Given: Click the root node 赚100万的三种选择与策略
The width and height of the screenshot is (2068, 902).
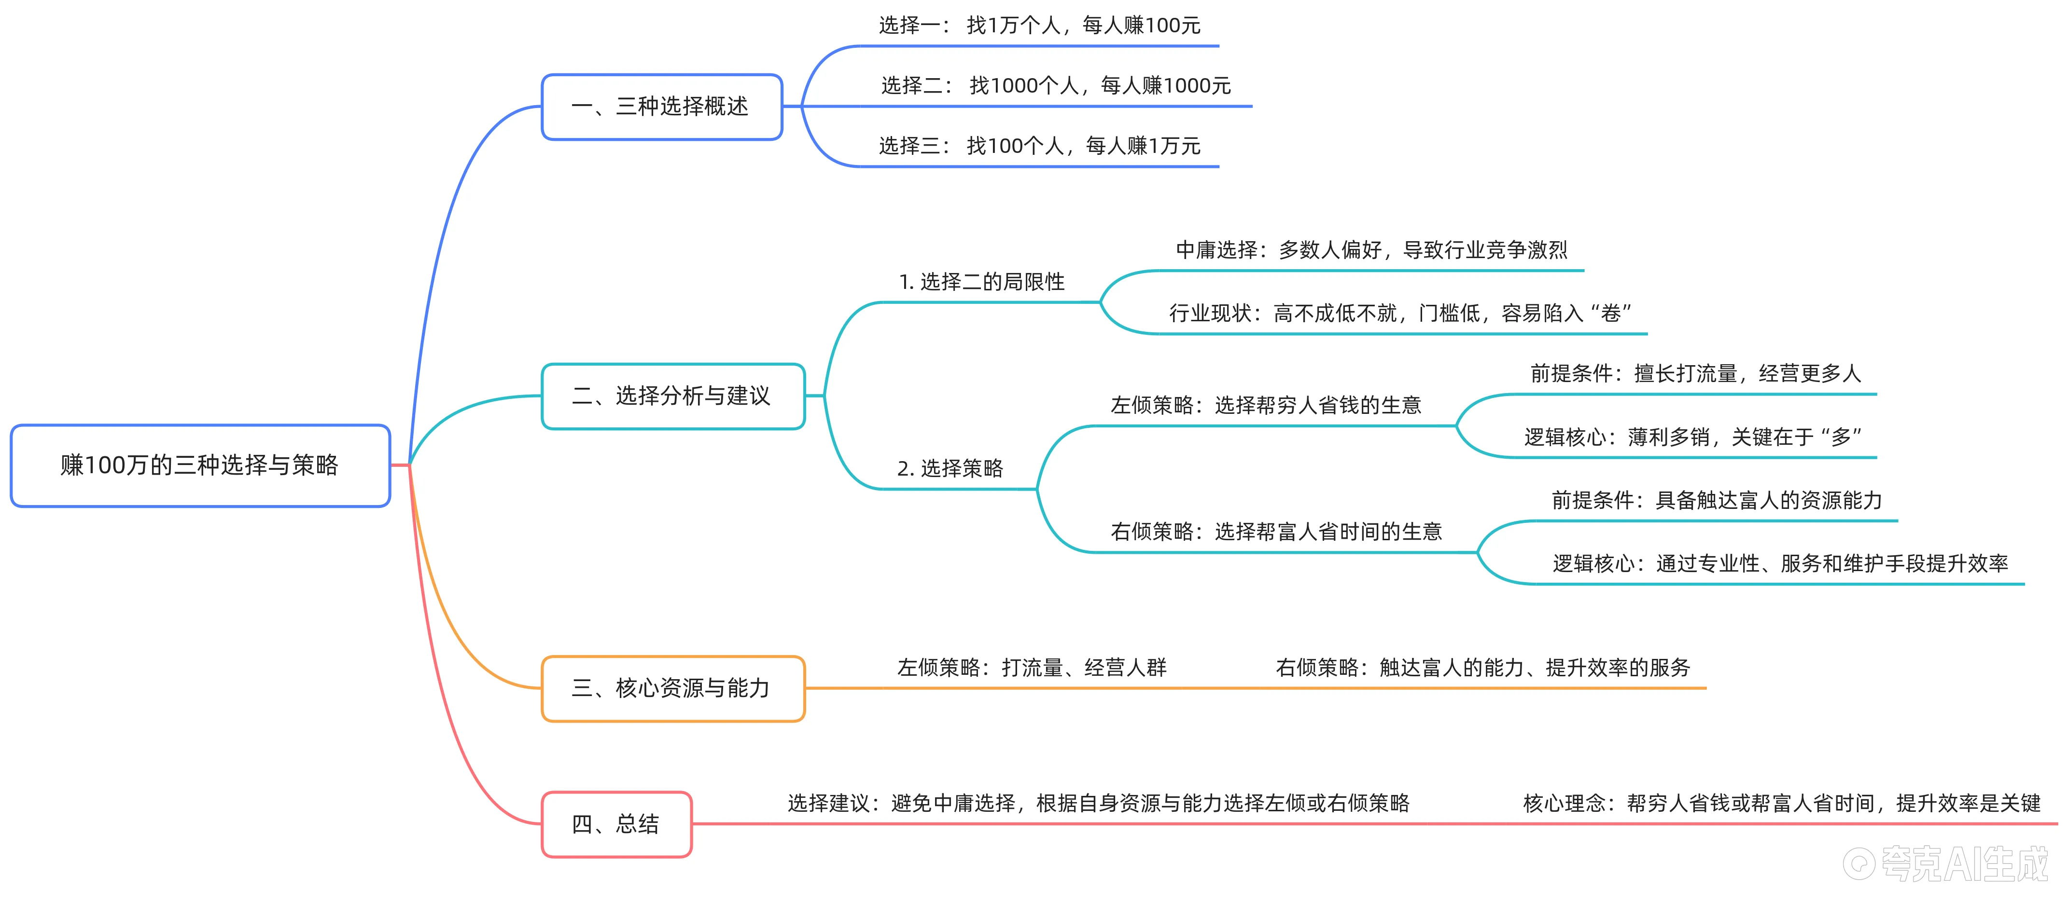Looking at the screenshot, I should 200,465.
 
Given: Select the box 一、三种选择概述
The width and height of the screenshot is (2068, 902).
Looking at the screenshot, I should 661,107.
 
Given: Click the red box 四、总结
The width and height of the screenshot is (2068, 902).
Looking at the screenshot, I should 616,824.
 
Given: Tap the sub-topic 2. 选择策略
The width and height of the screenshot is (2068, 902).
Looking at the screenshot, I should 950,469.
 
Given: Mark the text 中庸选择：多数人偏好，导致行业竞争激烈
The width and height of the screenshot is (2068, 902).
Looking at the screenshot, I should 1370,250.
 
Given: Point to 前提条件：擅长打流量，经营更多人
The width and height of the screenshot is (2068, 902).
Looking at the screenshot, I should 1695,373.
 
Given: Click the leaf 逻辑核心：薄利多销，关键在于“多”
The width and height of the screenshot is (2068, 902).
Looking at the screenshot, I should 1692,437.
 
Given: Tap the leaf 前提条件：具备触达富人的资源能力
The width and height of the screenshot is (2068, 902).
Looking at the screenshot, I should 1717,501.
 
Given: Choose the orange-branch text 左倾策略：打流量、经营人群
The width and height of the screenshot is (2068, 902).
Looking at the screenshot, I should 1032,668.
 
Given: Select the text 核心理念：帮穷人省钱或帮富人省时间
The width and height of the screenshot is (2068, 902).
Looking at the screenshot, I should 1781,803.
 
